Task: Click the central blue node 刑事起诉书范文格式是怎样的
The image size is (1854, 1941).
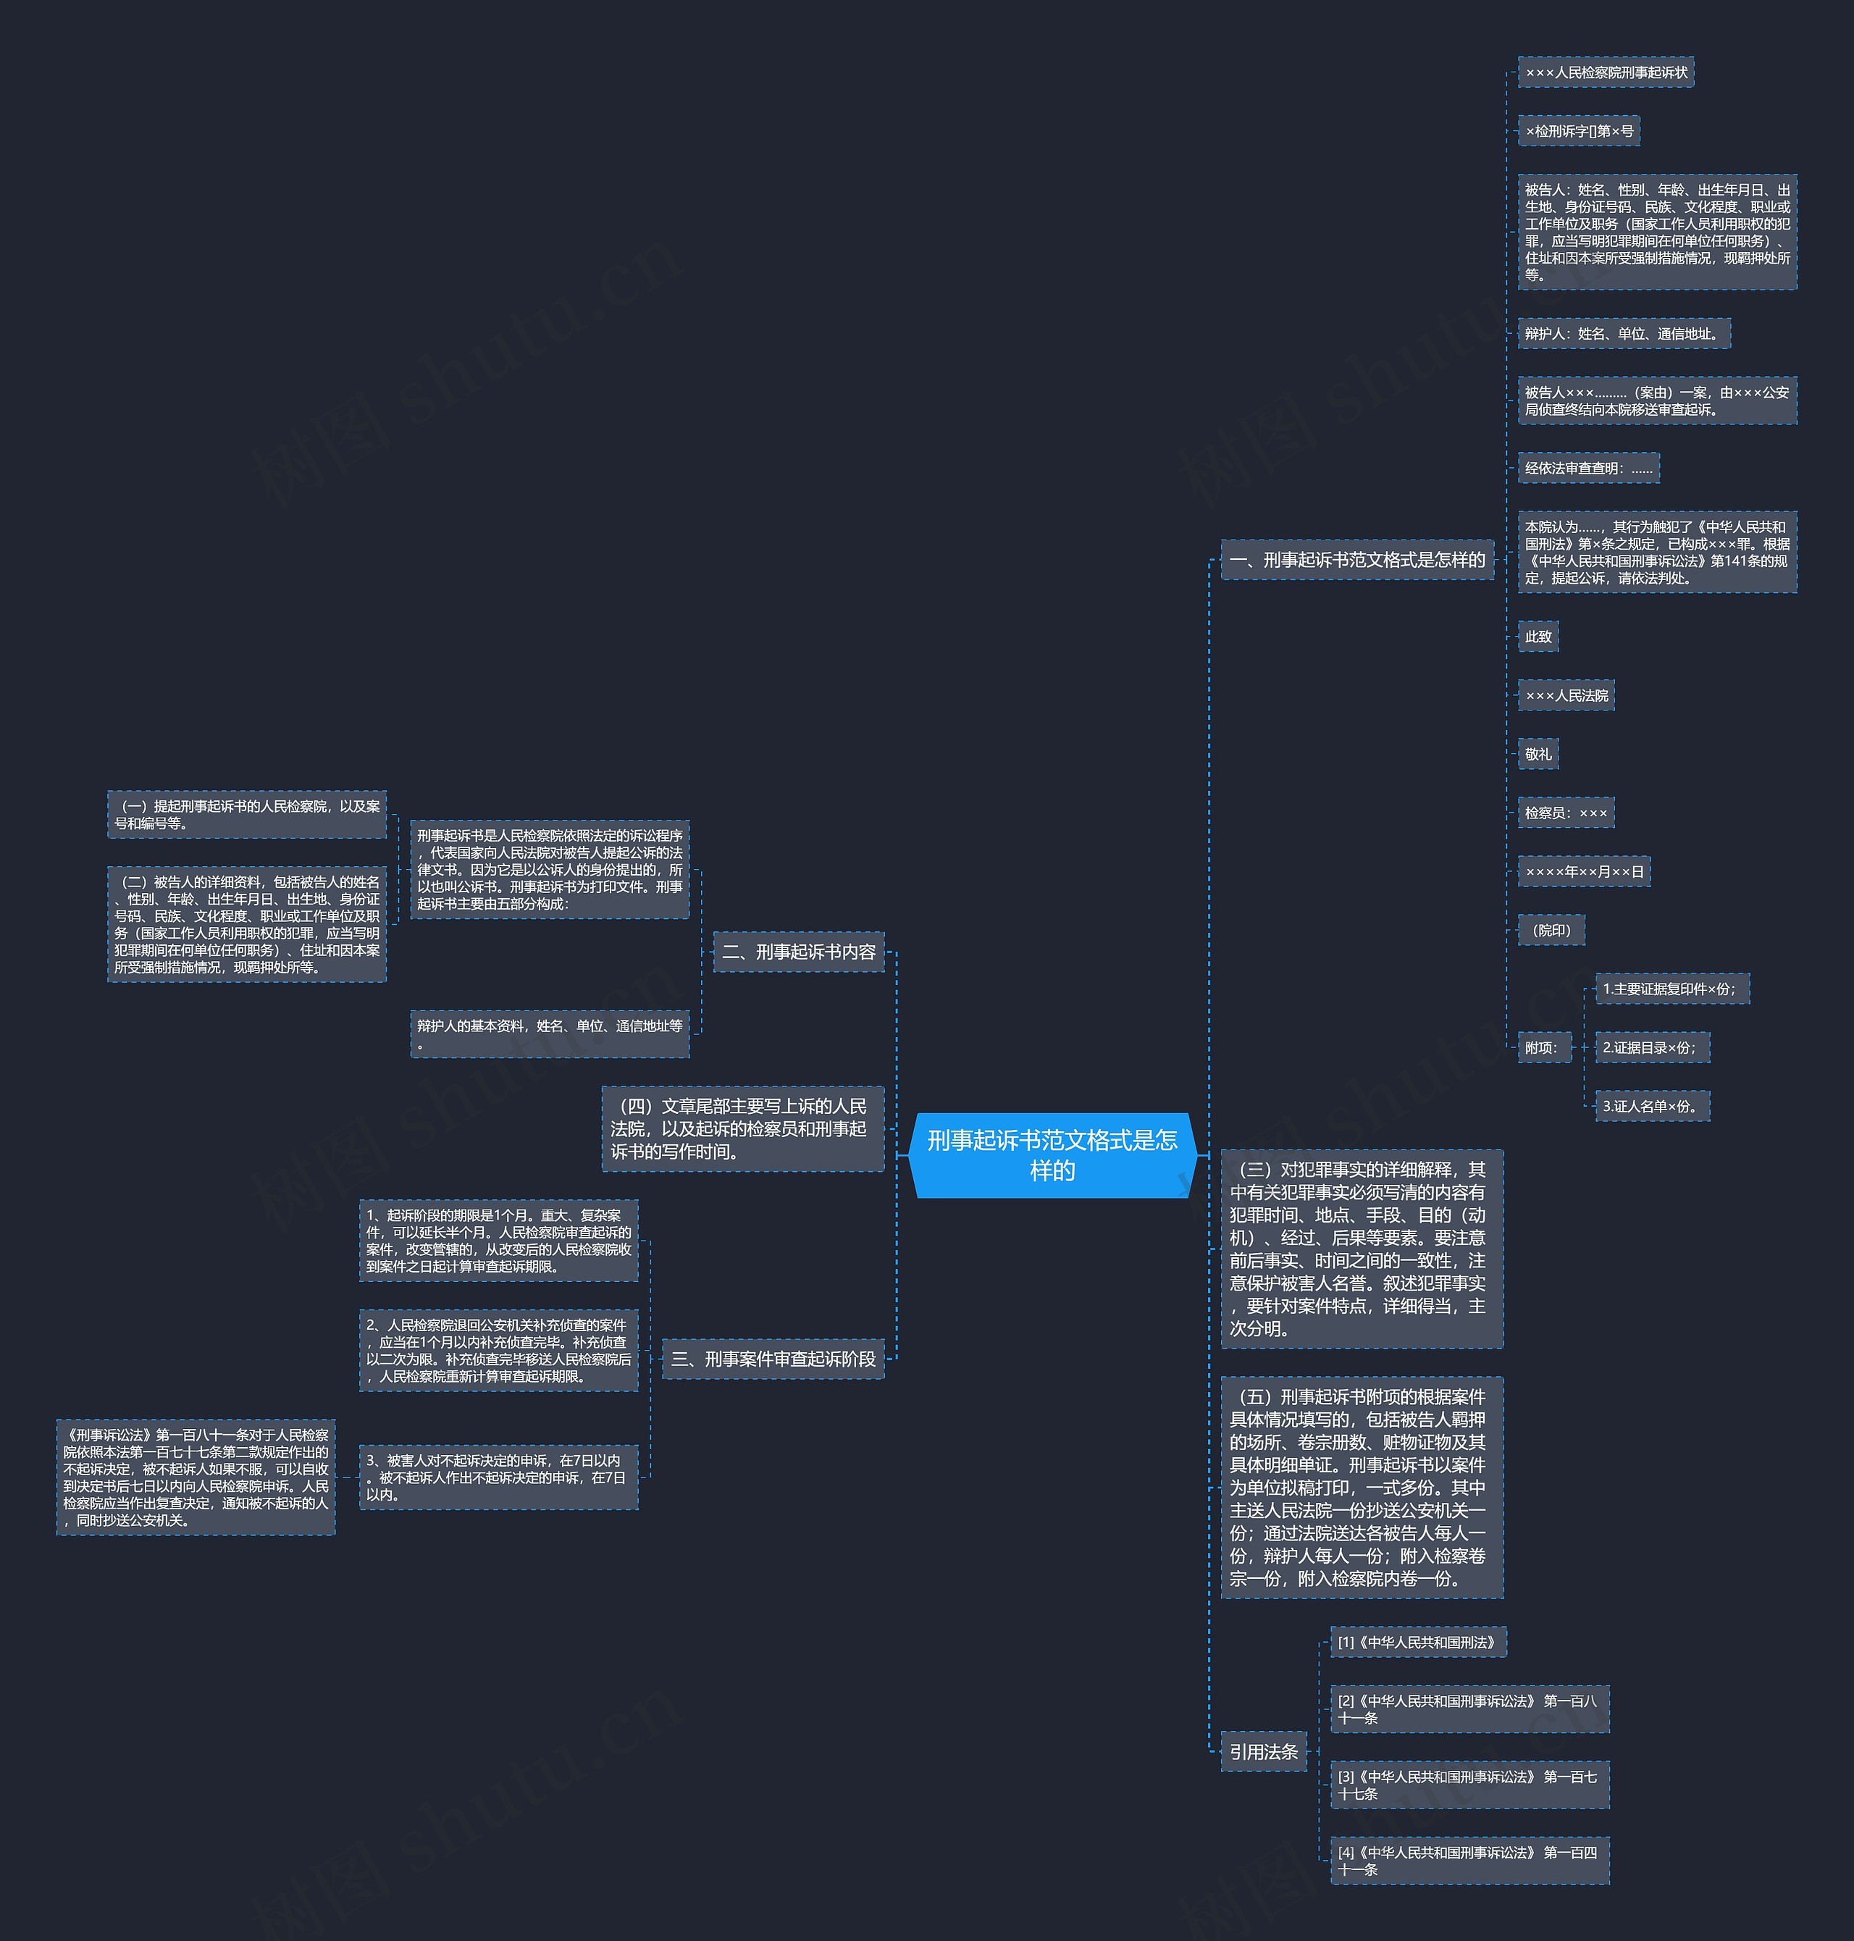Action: tap(1052, 1154)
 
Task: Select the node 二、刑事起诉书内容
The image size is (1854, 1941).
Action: tap(799, 952)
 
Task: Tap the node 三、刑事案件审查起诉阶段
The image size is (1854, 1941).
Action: tap(773, 1359)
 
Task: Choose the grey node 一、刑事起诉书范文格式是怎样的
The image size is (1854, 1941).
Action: tap(1357, 559)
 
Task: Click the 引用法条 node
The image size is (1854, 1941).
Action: tap(1264, 1751)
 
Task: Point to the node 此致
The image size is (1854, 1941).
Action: tap(1538, 637)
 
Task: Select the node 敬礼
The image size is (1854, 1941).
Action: tap(1538, 754)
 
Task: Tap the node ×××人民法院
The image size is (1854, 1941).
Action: tap(1566, 695)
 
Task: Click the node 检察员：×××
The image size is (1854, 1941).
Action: tap(1566, 813)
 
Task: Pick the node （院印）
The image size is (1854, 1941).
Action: tap(1551, 930)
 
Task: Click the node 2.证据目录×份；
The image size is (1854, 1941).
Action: tap(1653, 1047)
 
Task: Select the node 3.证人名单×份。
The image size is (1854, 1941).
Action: tap(1653, 1106)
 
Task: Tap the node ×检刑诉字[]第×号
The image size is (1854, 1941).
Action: tap(1580, 130)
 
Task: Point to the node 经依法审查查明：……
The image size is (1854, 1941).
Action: tap(1588, 467)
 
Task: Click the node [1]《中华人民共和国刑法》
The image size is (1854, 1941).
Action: tap(1418, 1642)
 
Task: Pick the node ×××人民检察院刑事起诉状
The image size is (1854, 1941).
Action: tap(1606, 72)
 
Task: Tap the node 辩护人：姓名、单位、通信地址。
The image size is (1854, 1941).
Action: tap(1624, 333)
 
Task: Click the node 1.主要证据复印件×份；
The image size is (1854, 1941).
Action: tap(1672, 989)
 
